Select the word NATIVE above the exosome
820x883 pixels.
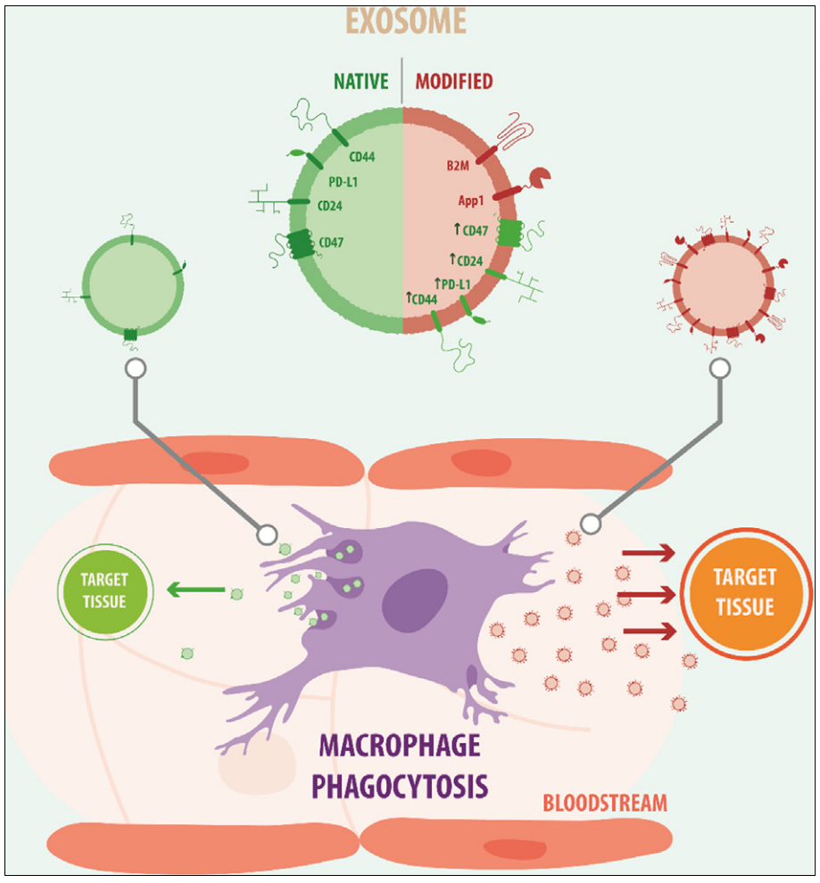pos(361,82)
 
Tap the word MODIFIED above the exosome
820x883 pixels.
pos(454,82)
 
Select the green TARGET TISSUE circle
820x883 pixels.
pos(104,590)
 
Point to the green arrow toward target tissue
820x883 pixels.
pos(195,589)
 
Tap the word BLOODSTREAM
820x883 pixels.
pos(604,803)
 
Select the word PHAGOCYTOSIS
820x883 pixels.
pos(399,786)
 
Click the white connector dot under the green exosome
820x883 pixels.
pos(135,367)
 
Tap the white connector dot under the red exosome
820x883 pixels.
pos(719,367)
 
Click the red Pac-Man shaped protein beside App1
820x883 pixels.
pos(540,177)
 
